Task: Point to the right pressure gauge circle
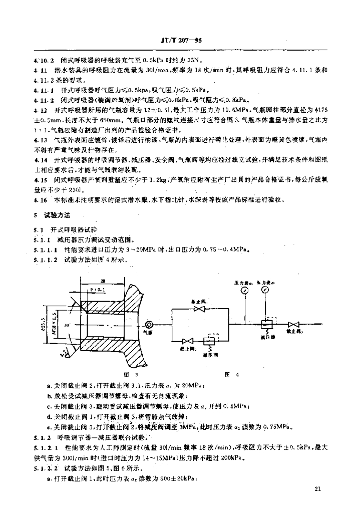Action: [x=264, y=291]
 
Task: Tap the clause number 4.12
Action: [x=39, y=109]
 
